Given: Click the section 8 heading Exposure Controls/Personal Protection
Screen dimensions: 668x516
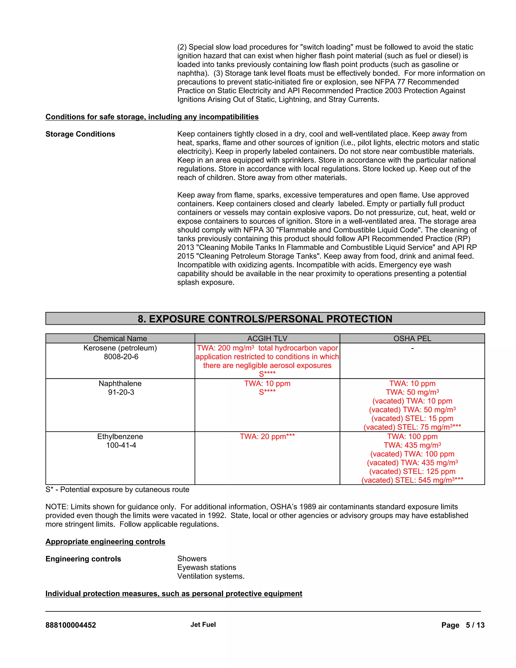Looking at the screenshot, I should [x=265, y=319].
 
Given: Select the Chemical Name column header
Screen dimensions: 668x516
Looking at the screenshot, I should [x=120, y=338].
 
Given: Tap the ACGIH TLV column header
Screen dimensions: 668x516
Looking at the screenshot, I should [x=267, y=338].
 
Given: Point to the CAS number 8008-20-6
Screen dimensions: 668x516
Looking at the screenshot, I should [x=121, y=357].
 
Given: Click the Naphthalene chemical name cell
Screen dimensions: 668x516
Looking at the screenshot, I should [x=120, y=383].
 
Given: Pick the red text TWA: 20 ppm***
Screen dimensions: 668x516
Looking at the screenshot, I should [x=267, y=436].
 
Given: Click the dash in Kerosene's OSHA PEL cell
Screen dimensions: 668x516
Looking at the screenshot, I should [x=412, y=348].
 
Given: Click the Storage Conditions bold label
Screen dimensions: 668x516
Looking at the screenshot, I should [x=80, y=134].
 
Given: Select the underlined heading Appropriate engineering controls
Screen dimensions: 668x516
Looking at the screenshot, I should [x=105, y=541].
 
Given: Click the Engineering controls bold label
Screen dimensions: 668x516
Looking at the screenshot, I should [x=83, y=559].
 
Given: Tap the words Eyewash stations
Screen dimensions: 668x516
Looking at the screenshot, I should [x=207, y=567].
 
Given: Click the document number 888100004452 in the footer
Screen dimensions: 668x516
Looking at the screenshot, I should [x=71, y=625].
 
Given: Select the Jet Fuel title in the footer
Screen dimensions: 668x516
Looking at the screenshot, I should [x=203, y=625].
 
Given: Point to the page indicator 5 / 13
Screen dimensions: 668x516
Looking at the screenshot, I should [x=475, y=625].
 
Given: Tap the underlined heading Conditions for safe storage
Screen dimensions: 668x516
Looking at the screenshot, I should [x=152, y=117].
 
